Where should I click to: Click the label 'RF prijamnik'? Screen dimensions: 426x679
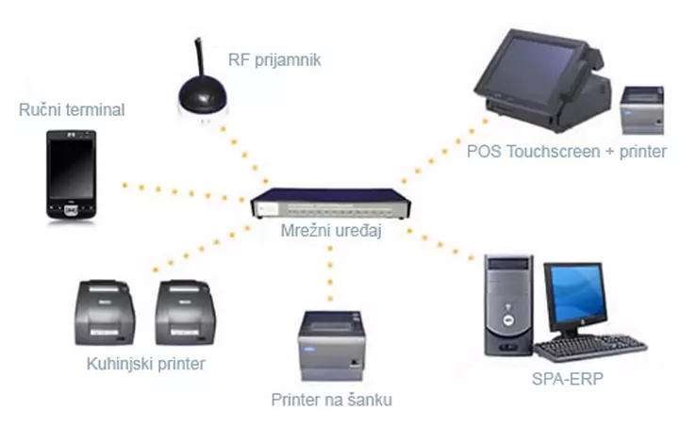[x=274, y=60]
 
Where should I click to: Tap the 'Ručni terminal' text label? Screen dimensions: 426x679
[x=72, y=110]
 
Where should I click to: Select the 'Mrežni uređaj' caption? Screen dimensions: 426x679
[x=323, y=232]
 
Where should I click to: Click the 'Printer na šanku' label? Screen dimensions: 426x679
[x=330, y=400]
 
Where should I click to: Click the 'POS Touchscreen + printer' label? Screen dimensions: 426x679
[x=566, y=151]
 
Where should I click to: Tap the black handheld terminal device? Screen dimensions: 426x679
[x=73, y=175]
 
